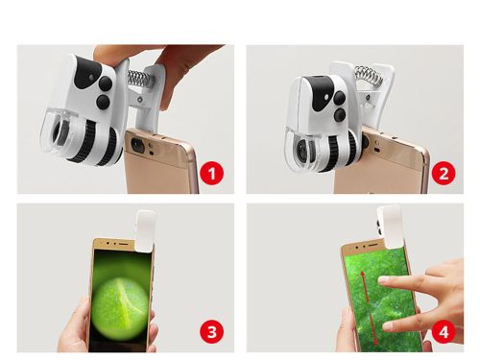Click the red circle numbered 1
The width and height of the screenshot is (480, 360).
tap(214, 176)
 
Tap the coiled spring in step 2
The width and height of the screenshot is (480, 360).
tap(368, 75)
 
